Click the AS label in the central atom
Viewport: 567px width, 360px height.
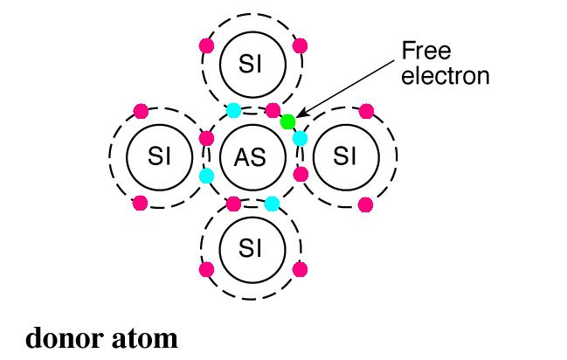[x=251, y=157]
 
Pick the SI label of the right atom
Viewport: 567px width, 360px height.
[x=345, y=157]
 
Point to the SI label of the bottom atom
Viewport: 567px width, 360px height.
[x=251, y=247]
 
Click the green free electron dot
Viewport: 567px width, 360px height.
[x=287, y=121]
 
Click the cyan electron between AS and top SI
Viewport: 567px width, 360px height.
[x=233, y=110]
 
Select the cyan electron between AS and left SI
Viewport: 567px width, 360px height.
[x=206, y=176]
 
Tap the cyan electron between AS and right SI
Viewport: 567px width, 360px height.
[x=300, y=138]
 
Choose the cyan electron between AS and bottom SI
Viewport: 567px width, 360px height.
[x=272, y=204]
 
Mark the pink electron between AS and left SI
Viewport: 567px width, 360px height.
[x=207, y=138]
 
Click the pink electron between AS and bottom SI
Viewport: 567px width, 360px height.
[x=233, y=204]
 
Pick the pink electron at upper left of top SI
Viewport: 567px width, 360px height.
[x=206, y=45]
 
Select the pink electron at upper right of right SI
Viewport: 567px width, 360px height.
[x=366, y=111]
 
